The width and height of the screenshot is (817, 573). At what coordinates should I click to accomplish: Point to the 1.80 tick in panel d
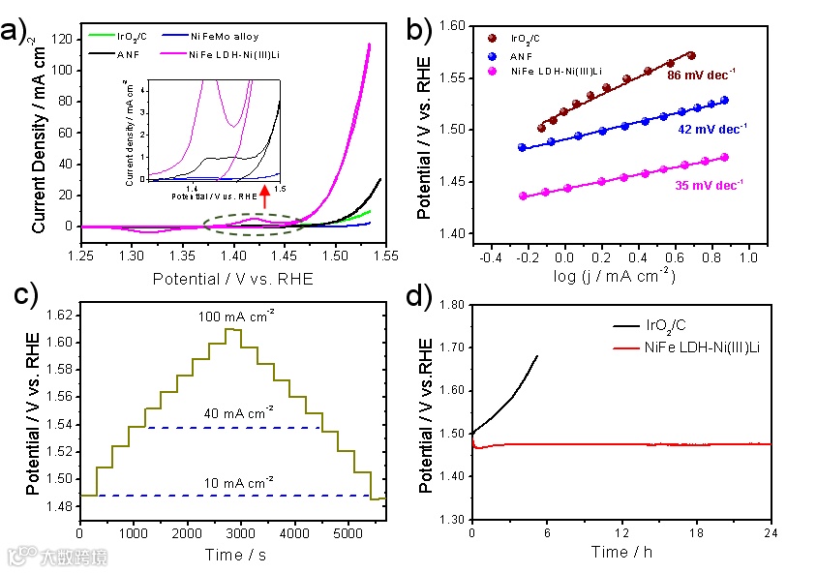click(449, 304)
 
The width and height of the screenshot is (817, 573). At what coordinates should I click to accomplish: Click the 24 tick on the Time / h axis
click(771, 533)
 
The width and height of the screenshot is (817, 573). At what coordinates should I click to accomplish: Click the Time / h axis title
click(622, 552)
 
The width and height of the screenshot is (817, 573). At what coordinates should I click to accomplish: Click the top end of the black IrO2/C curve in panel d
click(537, 355)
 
